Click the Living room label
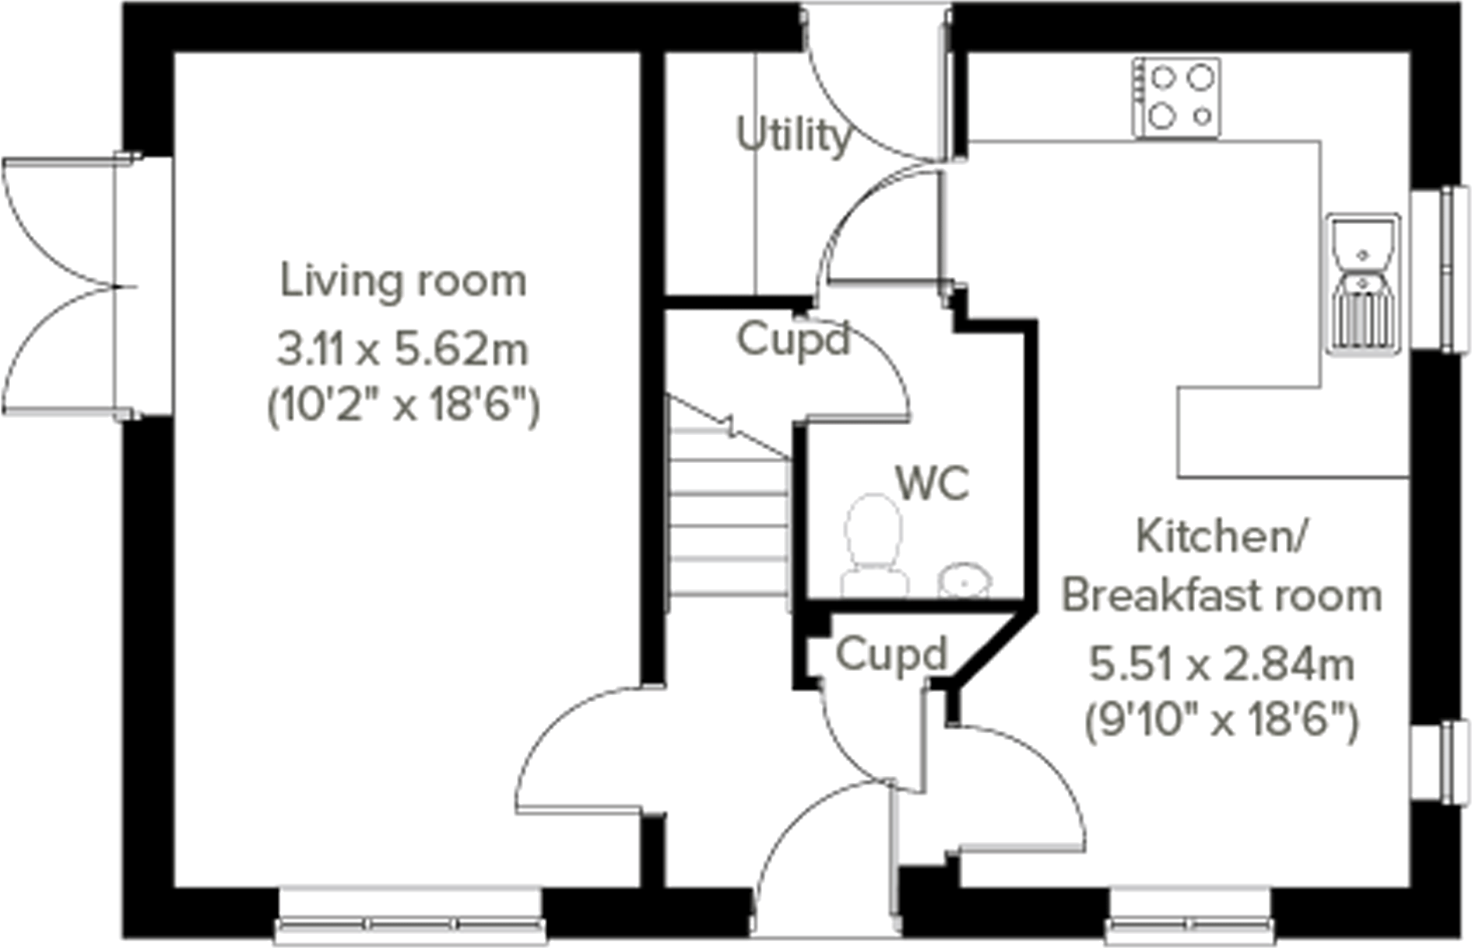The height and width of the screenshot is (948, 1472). click(402, 281)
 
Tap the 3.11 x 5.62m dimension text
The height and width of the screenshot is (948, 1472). click(402, 349)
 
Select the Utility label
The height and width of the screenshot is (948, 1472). click(792, 135)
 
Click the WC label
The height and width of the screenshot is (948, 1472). click(932, 483)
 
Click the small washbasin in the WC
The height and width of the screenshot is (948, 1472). click(965, 581)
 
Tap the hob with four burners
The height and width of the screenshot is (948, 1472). click(1176, 98)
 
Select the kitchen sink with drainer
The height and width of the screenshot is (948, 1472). click(1362, 284)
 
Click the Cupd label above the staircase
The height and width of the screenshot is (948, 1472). click(792, 340)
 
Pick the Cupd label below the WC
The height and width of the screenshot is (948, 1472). click(891, 655)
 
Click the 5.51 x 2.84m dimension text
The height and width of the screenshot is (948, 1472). click(1221, 665)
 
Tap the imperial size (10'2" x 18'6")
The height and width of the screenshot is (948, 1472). click(402, 406)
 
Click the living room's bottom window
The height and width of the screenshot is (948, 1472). click(410, 923)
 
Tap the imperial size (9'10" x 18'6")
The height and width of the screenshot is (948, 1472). click(1221, 721)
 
